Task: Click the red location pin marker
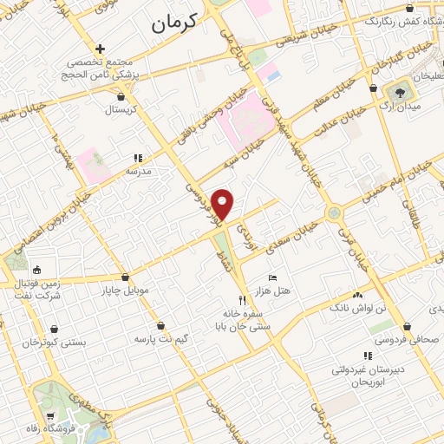point(224,205)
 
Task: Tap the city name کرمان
point(186,23)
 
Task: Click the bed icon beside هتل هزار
point(273,277)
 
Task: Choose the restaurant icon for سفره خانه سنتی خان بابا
point(230,300)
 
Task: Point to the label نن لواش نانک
point(358,308)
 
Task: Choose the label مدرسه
point(139,171)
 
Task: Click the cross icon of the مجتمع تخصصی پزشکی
point(101,49)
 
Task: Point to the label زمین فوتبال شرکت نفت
point(36,290)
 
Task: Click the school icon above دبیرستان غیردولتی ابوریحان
point(368,356)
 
